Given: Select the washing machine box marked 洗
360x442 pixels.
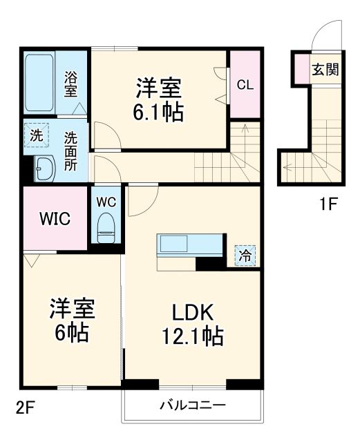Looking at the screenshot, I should (x=35, y=135).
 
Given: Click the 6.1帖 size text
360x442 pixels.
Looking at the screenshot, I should (x=158, y=110).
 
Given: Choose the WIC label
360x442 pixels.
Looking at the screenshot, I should (x=53, y=219).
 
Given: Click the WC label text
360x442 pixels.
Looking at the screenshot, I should (x=105, y=202).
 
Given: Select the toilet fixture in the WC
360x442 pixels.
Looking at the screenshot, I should (x=106, y=228).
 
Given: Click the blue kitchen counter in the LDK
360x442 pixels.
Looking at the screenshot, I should (x=190, y=244).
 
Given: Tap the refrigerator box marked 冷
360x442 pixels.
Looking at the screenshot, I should (x=245, y=255).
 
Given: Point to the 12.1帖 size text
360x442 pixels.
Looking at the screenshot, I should (x=193, y=336).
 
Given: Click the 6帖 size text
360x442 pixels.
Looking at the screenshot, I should (x=72, y=334).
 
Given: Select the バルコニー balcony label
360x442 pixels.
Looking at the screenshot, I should (x=193, y=405).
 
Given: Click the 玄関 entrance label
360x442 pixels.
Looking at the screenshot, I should (x=325, y=68).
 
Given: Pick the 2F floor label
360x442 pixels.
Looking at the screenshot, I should (x=26, y=408).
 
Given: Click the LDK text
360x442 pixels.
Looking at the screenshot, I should (x=193, y=311).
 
